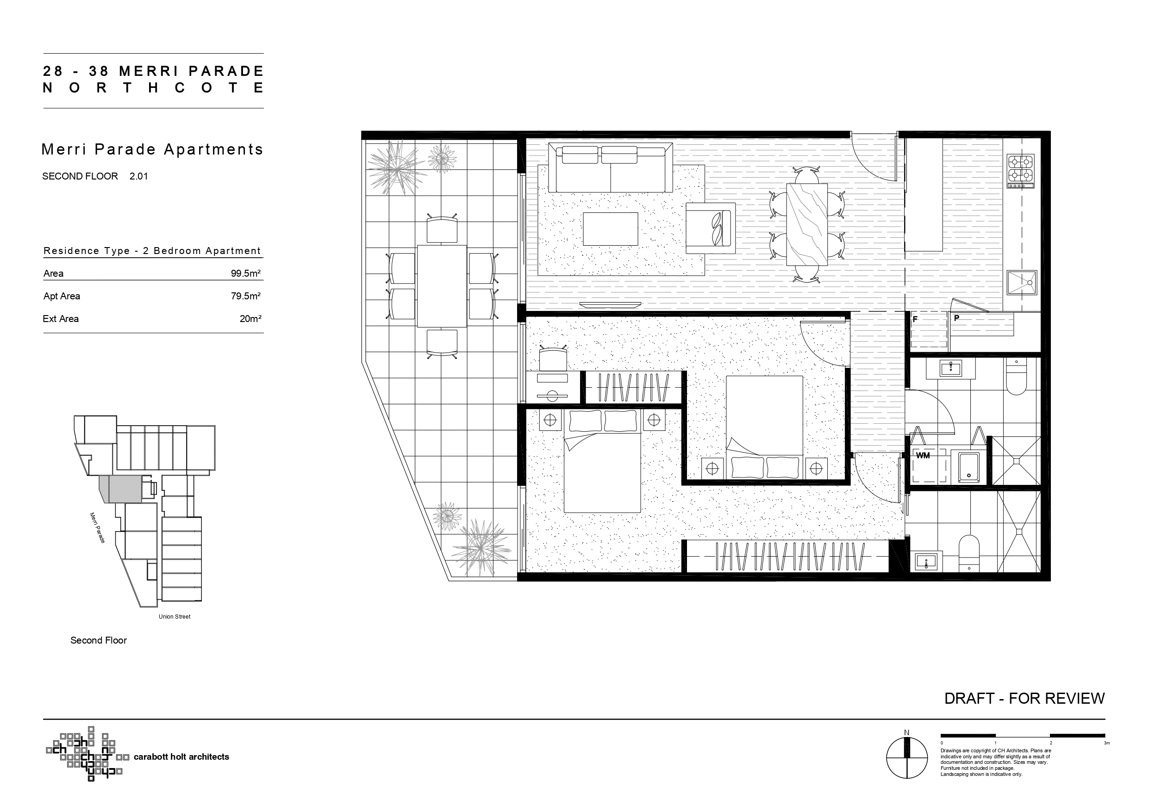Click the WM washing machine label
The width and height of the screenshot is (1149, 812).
coord(923,455)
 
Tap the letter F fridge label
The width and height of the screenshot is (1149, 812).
coord(915,319)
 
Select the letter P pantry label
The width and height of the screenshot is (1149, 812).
coord(956,318)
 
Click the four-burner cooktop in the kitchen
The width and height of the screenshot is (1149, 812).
coord(1020,171)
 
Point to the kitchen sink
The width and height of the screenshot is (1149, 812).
coord(1021,283)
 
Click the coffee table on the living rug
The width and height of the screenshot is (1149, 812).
coord(611,229)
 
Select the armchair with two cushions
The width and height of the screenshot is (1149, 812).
coord(710,228)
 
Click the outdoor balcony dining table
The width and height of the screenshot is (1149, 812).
coord(442,285)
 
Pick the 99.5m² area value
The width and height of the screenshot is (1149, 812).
coord(245,273)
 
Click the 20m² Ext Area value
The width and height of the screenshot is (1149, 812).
coord(250,319)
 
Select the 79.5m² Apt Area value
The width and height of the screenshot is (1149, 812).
coord(245,296)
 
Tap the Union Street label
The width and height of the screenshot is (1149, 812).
coord(175,616)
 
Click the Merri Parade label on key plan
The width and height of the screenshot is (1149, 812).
coord(97,527)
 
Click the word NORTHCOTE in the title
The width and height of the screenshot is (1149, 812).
coord(153,88)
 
